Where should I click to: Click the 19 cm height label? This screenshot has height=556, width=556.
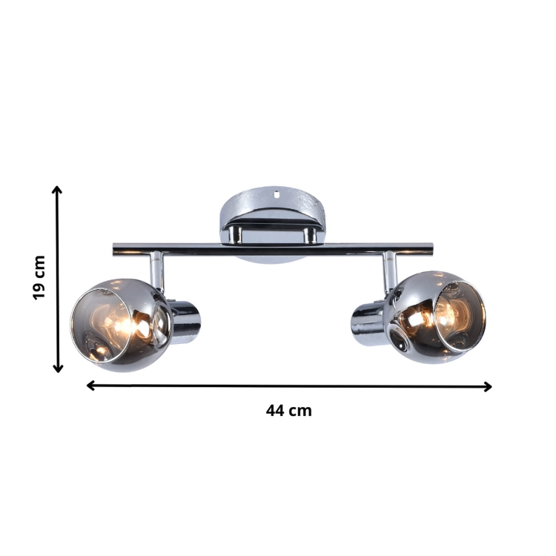39,277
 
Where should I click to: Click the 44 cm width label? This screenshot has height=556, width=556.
289,411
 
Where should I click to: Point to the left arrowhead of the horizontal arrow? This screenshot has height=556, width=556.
90,385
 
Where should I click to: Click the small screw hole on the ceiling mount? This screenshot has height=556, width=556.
277,193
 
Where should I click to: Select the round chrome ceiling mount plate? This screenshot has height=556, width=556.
273,224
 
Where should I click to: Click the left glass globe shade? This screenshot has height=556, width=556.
122,325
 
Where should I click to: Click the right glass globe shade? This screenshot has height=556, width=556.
437,317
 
